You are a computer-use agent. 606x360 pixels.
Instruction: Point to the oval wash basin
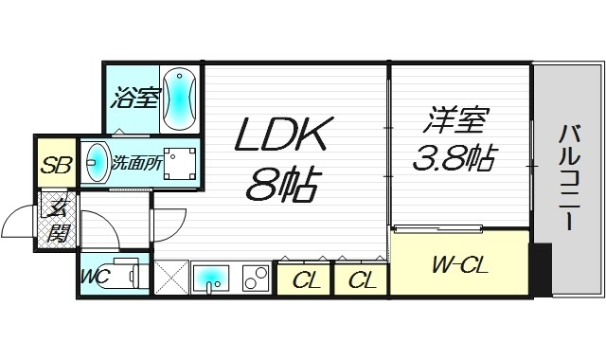(96, 163)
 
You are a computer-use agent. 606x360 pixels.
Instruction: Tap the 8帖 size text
(282, 184)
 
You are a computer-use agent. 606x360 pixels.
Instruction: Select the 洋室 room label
(455, 121)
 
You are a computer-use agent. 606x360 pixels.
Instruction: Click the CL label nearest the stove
(306, 279)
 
